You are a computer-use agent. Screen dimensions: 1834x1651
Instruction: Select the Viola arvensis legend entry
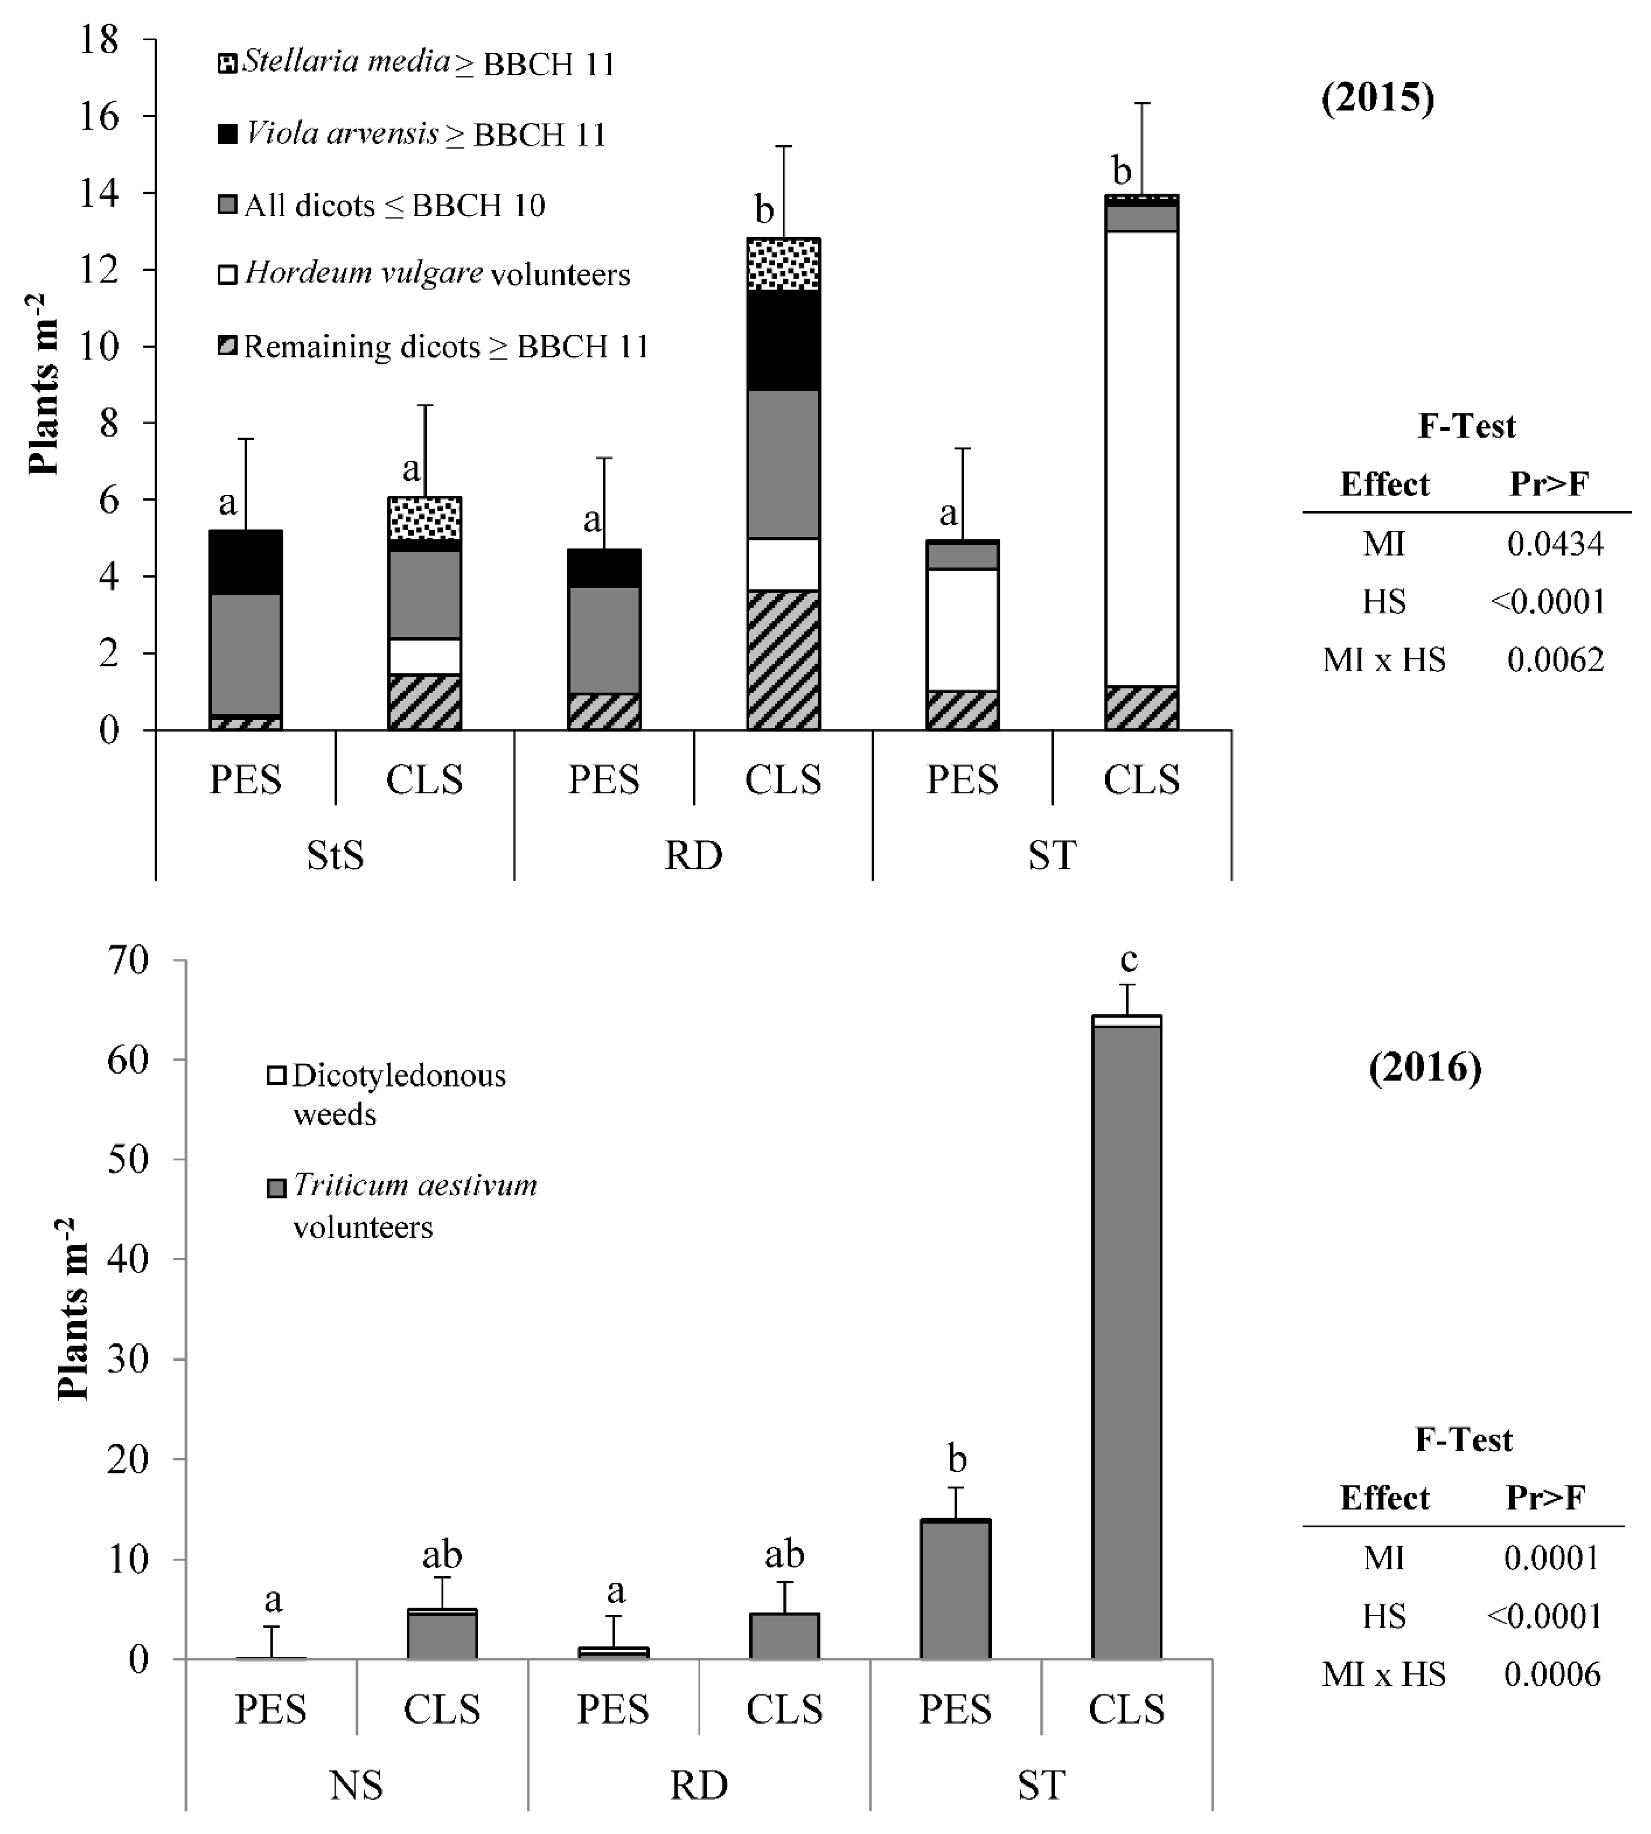(x=413, y=134)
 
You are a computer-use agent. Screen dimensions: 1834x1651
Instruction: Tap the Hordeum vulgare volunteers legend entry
(x=425, y=274)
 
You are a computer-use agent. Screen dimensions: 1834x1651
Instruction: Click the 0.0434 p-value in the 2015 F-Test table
(x=1555, y=543)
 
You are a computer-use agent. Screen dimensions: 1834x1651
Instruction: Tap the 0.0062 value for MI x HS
(x=1555, y=659)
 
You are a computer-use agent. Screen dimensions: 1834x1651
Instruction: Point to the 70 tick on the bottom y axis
(x=127, y=960)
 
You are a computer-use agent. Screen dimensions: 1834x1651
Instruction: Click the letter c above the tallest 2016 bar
(x=1128, y=959)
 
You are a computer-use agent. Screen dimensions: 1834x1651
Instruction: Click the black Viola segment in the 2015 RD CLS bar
(x=783, y=340)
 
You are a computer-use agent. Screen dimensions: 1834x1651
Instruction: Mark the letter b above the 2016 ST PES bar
(x=957, y=1459)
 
